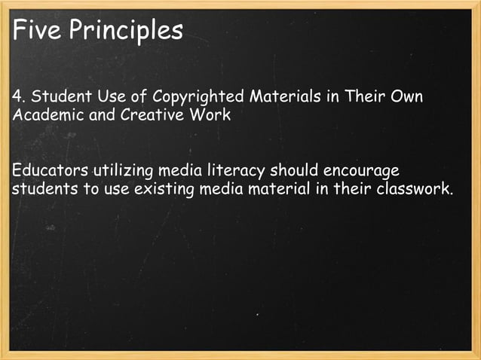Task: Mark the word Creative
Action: (x=142, y=117)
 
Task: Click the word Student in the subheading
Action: (x=55, y=98)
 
